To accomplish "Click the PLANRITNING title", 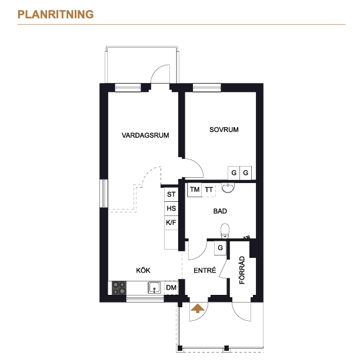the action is [x=56, y=14].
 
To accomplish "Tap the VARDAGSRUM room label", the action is [x=145, y=135].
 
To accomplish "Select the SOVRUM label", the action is [x=224, y=129].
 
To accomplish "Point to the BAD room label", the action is [x=220, y=211].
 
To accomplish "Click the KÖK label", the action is [x=143, y=270].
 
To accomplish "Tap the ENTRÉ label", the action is [x=205, y=270].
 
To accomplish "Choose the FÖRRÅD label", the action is [x=242, y=270].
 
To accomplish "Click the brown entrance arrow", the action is [x=198, y=308].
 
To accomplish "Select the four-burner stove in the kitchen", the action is [x=119, y=288].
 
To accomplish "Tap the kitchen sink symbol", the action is [x=154, y=288].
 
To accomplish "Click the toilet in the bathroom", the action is [x=225, y=231].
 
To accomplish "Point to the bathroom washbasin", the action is [x=228, y=188].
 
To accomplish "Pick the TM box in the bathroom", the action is [x=194, y=190].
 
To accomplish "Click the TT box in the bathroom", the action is [x=209, y=190].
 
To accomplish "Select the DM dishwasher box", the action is [x=171, y=288].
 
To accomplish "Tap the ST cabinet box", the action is [x=171, y=194].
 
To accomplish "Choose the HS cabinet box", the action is [x=171, y=209].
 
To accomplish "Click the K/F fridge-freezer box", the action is [x=171, y=222].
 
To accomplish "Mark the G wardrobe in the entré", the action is [x=220, y=248].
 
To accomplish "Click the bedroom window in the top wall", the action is [x=207, y=88].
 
